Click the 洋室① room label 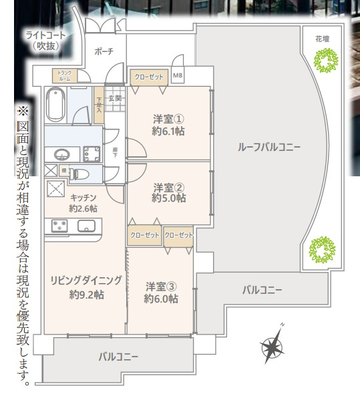(x=168, y=125)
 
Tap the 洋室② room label (x=168, y=192)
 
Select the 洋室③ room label (x=161, y=293)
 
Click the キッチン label (x=83, y=203)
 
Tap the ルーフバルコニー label (x=269, y=147)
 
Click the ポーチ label (x=104, y=51)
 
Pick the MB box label (x=178, y=76)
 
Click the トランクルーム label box (x=65, y=75)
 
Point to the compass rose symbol (x=272, y=346)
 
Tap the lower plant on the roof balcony (x=321, y=250)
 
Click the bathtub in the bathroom (x=55, y=105)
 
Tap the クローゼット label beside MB (x=149, y=76)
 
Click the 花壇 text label (x=323, y=39)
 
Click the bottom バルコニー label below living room (x=118, y=357)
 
